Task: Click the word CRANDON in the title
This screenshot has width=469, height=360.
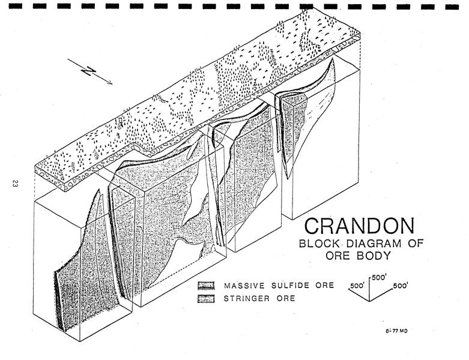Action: pyautogui.click(x=360, y=226)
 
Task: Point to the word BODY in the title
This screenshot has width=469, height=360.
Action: pyautogui.click(x=374, y=256)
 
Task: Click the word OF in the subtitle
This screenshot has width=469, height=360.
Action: pyautogui.click(x=416, y=243)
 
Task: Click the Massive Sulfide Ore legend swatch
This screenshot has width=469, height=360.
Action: pyautogui.click(x=206, y=286)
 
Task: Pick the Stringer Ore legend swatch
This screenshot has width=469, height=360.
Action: pyautogui.click(x=206, y=298)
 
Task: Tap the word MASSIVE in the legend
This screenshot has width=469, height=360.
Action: pyautogui.click(x=244, y=286)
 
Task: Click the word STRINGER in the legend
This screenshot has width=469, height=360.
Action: pyautogui.click(x=247, y=298)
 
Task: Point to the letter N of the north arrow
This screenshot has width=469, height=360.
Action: pyautogui.click(x=88, y=72)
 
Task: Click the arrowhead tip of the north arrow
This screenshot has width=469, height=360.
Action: pyautogui.click(x=112, y=84)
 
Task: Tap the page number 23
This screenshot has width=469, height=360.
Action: pyautogui.click(x=14, y=184)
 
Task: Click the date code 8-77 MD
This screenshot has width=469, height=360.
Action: pyautogui.click(x=396, y=331)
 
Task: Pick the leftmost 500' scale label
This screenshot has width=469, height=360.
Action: pyautogui.click(x=357, y=286)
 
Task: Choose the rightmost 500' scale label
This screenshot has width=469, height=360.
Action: pyautogui.click(x=401, y=286)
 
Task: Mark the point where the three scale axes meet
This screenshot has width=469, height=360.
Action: pyautogui.click(x=370, y=300)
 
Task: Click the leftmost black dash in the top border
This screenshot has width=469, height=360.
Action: pyautogui.click(x=16, y=6)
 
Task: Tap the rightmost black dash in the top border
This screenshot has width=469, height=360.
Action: pyautogui.click(x=452, y=6)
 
